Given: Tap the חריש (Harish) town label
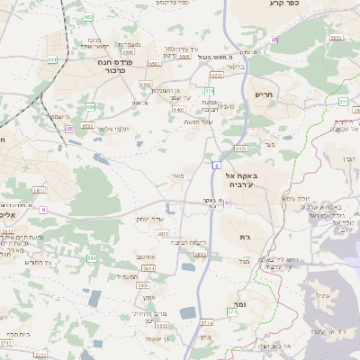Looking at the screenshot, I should point(263,94).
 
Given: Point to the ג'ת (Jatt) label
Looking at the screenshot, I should point(245,237).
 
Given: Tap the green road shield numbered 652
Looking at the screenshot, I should point(87,17).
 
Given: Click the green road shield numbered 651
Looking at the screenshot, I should point(52,59).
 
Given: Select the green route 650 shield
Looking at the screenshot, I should point(91,106).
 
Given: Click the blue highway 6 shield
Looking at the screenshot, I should point(217,166).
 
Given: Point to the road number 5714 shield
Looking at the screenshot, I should point(207,321).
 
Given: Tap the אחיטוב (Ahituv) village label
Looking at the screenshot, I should point(146,256).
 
